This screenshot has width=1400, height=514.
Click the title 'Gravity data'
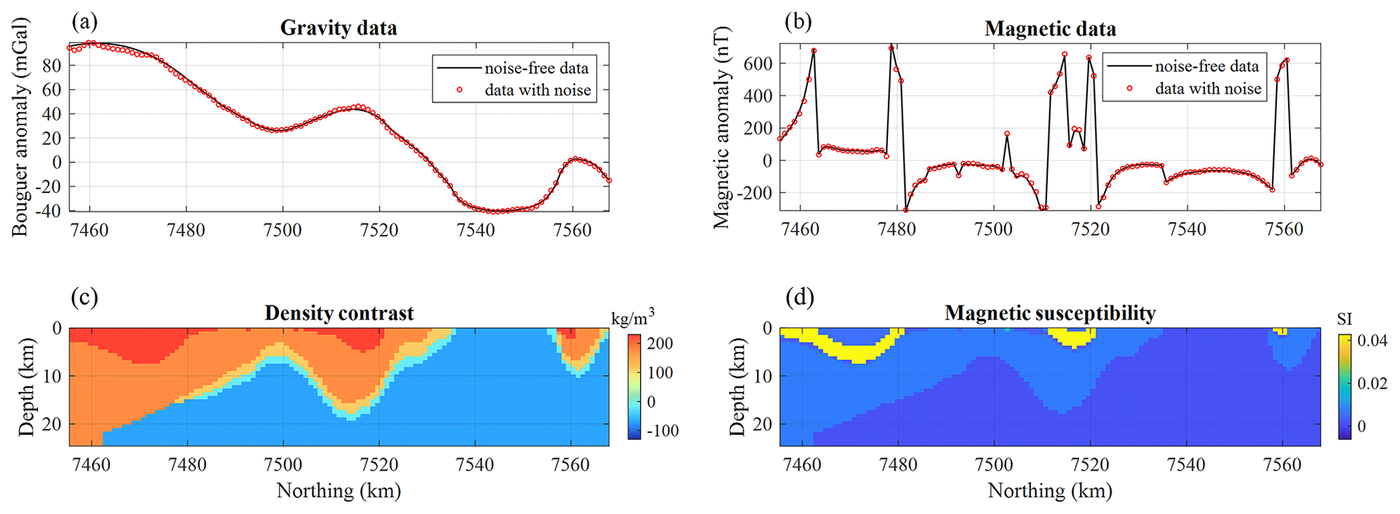[338, 28]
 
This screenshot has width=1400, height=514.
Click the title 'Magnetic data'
[1050, 29]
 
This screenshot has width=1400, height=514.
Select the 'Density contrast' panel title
[339, 313]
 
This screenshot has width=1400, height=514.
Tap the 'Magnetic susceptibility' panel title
[1050, 313]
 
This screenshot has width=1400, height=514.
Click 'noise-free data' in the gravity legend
[536, 68]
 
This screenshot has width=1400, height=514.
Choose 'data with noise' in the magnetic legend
[1208, 89]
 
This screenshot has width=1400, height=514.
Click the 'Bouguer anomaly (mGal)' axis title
[20, 127]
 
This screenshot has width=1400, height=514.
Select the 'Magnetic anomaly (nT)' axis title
[721, 127]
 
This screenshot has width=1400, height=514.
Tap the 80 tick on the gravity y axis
[52, 66]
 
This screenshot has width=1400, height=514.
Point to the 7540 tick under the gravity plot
[475, 230]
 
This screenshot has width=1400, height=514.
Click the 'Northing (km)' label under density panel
[339, 490]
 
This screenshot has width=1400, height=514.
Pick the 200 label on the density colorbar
[660, 343]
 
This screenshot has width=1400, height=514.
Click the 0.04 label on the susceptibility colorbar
[1372, 341]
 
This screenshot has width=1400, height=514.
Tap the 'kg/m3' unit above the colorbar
[633, 317]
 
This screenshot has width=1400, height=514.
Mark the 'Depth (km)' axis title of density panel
[26, 387]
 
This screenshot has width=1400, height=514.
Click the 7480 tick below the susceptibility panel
[898, 465]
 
